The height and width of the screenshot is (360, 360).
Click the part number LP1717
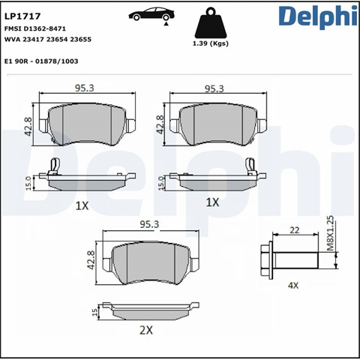tap(22, 16)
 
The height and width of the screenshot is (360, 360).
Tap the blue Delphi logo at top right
tap(318, 16)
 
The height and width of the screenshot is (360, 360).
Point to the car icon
tap(151, 14)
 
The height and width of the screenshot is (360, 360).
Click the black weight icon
tap(211, 23)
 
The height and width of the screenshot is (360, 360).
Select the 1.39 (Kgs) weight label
tap(211, 43)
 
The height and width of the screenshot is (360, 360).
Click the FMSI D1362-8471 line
tap(35, 28)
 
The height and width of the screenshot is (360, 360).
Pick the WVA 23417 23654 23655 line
tap(48, 40)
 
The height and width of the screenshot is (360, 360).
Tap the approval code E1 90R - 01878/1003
tap(41, 61)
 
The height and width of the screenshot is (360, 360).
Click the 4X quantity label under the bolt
tap(293, 285)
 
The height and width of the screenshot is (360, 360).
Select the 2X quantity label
tap(146, 331)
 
